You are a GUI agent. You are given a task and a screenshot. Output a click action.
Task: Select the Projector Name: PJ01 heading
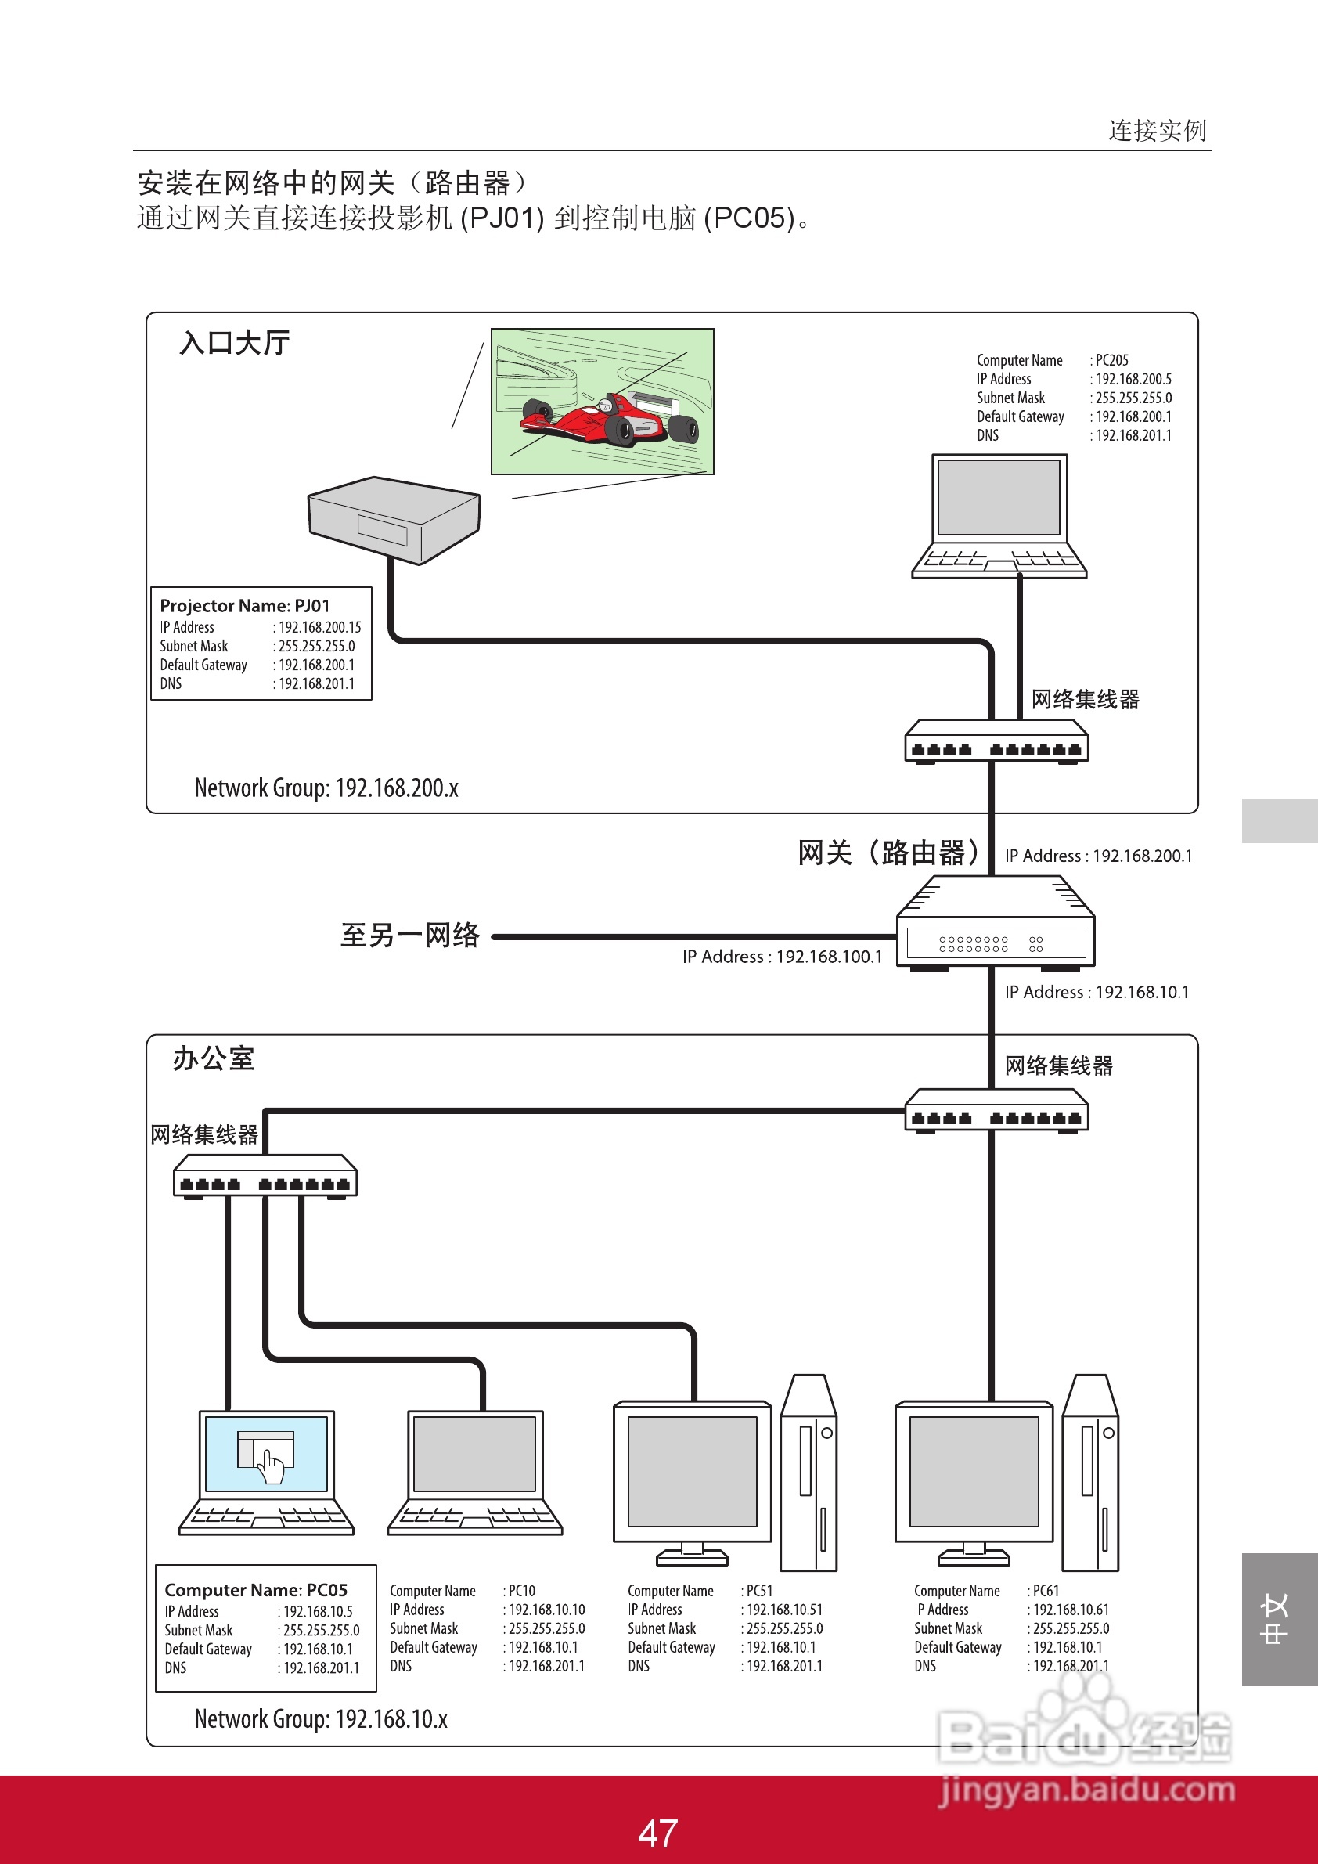tap(244, 606)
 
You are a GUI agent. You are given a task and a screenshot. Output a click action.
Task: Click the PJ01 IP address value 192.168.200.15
tap(320, 628)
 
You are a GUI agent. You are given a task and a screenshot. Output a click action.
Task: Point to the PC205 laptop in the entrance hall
tap(998, 516)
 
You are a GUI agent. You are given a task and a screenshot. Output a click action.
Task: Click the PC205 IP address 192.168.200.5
tap(1133, 379)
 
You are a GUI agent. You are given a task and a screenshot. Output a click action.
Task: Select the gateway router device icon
tap(995, 924)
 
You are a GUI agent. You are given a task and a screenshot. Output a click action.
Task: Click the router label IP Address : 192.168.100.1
tap(782, 957)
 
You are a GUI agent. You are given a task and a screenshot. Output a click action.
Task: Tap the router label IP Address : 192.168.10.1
tap(1096, 992)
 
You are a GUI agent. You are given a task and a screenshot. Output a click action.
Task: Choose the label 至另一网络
tap(410, 936)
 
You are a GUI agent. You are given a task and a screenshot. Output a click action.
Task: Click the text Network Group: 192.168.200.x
tap(326, 788)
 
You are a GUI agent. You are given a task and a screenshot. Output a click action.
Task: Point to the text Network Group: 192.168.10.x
tap(321, 1718)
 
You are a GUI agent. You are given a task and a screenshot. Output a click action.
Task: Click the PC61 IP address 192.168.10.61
tap(1071, 1610)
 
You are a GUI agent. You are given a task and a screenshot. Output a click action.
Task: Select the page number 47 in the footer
tap(657, 1833)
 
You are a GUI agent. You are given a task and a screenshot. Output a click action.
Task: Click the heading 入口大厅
tap(235, 343)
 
